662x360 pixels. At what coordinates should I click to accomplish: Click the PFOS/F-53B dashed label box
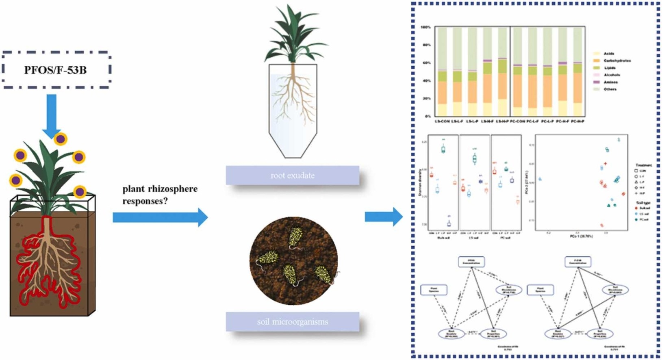point(56,70)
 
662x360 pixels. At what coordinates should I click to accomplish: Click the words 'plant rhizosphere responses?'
point(160,195)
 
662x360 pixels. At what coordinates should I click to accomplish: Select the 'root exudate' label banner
point(293,176)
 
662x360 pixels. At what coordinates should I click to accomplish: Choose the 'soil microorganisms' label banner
point(293,322)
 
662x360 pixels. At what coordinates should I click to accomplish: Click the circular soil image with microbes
point(293,260)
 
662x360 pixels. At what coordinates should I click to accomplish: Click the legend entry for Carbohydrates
point(617,61)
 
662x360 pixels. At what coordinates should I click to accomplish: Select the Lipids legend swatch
point(597,68)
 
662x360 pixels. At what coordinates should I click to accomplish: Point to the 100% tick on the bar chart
point(425,27)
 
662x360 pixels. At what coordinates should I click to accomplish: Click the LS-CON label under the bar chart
point(442,121)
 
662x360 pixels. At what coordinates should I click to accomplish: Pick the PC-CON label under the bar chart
point(517,121)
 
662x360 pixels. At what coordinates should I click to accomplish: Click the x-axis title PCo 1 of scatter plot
point(581,236)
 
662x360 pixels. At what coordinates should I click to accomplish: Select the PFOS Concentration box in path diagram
point(471,262)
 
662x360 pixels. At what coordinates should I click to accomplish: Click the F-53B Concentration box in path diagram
point(578,262)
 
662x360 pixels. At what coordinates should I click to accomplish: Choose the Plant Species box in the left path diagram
point(434,290)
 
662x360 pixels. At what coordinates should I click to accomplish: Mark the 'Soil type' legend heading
point(643,202)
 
